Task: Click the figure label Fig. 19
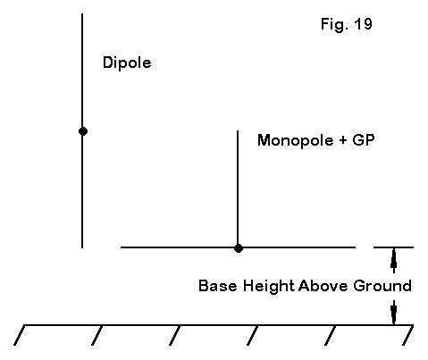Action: pos(347,24)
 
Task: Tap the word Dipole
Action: pos(127,63)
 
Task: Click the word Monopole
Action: pos(295,140)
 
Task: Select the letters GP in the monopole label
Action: pos(363,139)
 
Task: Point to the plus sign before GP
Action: pos(343,140)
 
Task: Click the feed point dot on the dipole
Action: pos(83,131)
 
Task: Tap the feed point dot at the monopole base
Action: pos(238,247)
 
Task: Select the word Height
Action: pos(268,286)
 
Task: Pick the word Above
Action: pos(323,286)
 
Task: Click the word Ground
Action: pos(382,286)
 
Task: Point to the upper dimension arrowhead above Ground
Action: pos(394,260)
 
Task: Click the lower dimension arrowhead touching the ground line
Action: pos(394,312)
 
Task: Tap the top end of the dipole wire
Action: pos(82,13)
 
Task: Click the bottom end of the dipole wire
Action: pos(82,247)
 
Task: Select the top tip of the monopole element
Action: pos(238,130)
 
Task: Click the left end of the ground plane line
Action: pos(121,247)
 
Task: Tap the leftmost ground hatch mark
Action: pos(20,335)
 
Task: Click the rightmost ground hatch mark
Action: pos(407,335)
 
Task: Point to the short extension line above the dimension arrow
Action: pos(393,247)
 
